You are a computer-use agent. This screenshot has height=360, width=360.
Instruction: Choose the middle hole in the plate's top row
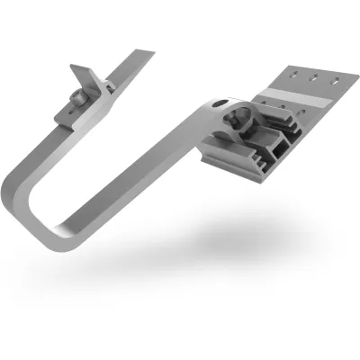[x=318, y=79]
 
